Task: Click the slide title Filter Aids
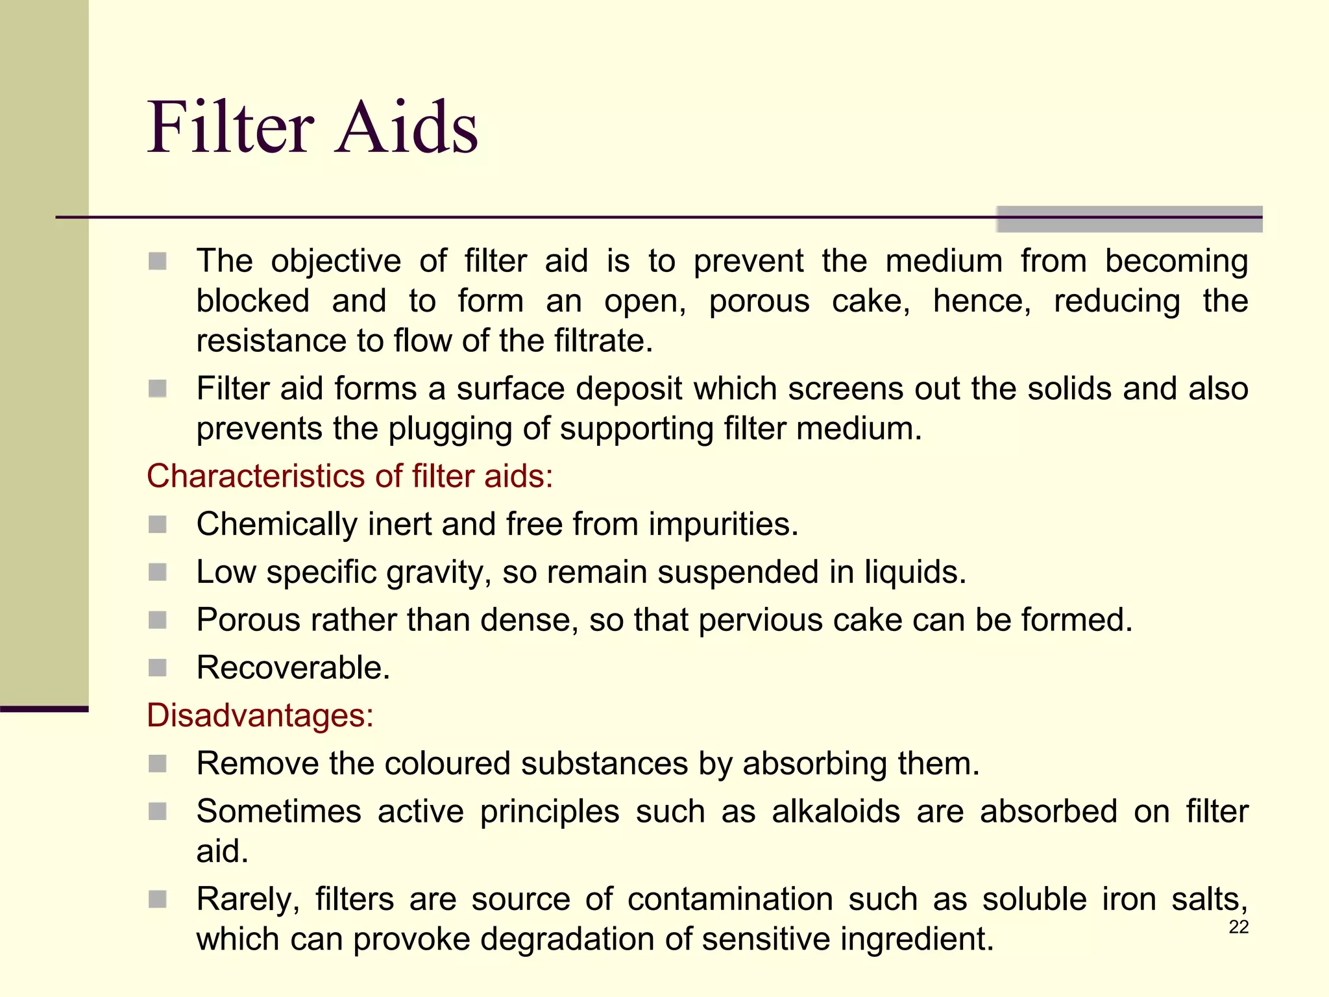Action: point(312,127)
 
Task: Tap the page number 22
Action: point(1238,927)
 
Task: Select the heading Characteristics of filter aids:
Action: point(350,476)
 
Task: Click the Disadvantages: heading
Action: point(260,715)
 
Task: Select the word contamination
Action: point(730,900)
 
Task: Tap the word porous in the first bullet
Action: point(759,302)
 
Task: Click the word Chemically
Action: point(276,524)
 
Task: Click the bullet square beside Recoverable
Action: point(158,667)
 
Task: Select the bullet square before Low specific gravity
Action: point(158,572)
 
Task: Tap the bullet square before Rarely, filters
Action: point(158,899)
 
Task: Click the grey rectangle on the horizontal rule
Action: point(1129,219)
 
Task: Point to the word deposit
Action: point(628,389)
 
